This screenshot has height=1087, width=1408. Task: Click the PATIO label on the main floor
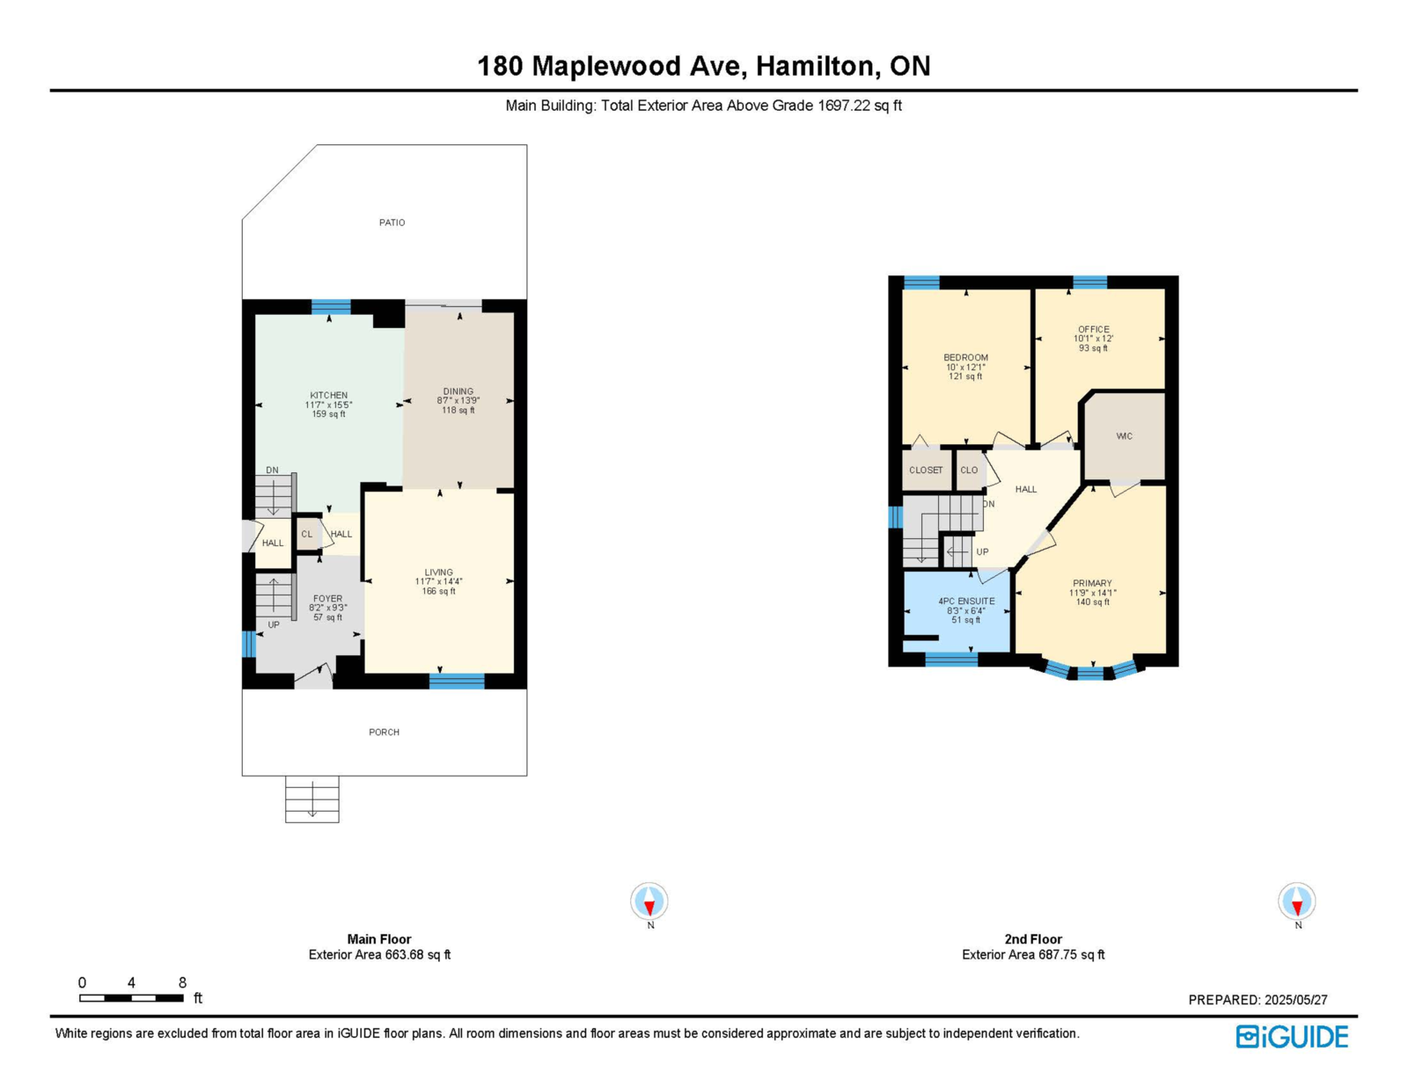[x=392, y=223]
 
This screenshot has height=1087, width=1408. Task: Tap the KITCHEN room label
[x=328, y=395]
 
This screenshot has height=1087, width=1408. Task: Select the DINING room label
[x=458, y=391]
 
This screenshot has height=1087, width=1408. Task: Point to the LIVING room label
[x=438, y=572]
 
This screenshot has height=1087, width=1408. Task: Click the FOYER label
[x=328, y=598]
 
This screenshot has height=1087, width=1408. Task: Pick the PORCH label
[x=385, y=732]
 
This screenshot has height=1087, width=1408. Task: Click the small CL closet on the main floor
[x=308, y=534]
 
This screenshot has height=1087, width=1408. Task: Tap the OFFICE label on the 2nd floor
[x=1094, y=329]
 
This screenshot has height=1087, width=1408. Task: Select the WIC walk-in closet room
[x=1125, y=436]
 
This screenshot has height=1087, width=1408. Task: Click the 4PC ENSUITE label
[x=966, y=601]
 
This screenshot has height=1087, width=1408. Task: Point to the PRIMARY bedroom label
[x=1092, y=583]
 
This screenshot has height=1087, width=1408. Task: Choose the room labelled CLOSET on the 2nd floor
[x=927, y=470]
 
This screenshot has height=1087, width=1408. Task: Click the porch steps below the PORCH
[x=312, y=799]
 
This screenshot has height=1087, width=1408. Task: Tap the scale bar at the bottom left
[x=131, y=997]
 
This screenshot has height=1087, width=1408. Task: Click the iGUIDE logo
[x=1292, y=1037]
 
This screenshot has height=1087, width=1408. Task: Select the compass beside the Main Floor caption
[x=649, y=901]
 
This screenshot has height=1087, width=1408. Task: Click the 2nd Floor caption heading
[x=1033, y=938]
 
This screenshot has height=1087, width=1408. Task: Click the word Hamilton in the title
[x=816, y=66]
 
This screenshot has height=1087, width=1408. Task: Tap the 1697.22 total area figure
[x=844, y=106]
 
